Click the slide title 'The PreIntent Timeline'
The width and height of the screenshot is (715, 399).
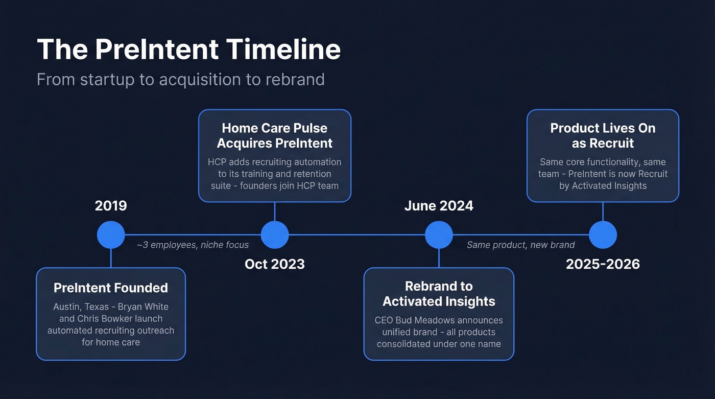click(188, 50)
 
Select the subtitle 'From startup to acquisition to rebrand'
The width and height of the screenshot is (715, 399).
click(180, 80)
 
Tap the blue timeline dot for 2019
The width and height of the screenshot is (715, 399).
click(111, 235)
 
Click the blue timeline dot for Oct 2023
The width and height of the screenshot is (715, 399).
click(275, 235)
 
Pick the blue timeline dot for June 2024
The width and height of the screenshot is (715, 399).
click(439, 235)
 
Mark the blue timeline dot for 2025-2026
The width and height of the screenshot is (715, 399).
click(603, 235)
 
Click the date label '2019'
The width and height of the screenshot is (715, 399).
click(111, 206)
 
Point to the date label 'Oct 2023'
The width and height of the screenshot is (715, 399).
click(275, 264)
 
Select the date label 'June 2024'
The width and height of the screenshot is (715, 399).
click(439, 206)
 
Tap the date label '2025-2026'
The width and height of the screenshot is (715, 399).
click(603, 264)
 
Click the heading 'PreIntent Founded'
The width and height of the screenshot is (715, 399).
click(111, 288)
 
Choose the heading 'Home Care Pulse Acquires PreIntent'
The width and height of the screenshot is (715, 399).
click(275, 135)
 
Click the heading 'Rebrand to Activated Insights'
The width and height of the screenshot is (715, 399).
click(439, 294)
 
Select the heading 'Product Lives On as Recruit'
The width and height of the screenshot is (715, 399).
click(603, 135)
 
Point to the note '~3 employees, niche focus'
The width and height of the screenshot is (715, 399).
click(193, 245)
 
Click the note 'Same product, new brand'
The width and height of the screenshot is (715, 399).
click(520, 245)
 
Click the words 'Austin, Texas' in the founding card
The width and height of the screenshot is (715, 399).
click(80, 307)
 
